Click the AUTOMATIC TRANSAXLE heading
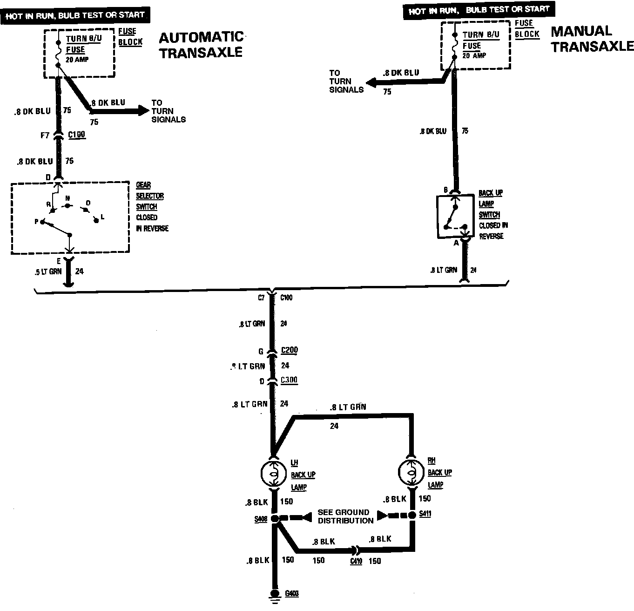click(201, 45)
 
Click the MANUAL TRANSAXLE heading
click(592, 39)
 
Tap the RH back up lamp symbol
click(411, 473)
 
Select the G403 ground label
click(292, 593)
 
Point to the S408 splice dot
click(275, 518)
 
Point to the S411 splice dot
click(411, 516)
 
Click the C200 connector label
click(289, 350)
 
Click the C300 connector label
click(289, 380)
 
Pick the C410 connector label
click(356, 561)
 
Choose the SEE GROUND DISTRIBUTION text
click(345, 516)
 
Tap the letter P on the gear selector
click(36, 222)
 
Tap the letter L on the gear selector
click(103, 217)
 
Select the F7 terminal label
click(45, 136)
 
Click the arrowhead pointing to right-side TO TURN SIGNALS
click(372, 83)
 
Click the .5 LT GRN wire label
click(48, 272)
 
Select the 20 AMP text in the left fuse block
click(77, 60)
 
